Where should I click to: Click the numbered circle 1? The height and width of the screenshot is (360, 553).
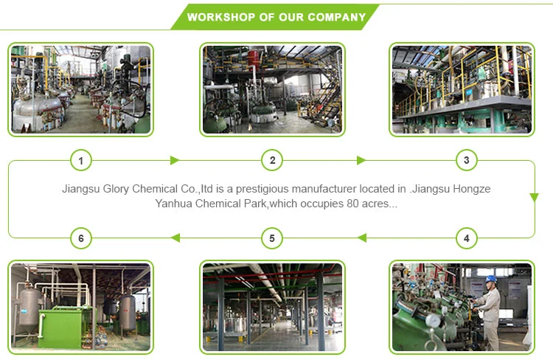pos(80,160)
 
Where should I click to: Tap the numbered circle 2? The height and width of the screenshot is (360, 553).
pos(272,160)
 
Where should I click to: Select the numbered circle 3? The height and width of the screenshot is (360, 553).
pos(465,160)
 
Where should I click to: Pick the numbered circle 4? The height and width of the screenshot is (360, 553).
pos(465,238)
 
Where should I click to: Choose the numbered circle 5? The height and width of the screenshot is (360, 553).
pos(272,238)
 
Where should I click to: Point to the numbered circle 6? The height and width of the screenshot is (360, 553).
pos(80,238)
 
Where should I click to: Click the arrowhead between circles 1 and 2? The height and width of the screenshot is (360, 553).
pos(175,160)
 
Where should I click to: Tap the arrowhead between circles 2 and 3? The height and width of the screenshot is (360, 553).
pos(361,160)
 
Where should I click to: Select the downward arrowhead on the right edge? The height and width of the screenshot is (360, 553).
pos(534,198)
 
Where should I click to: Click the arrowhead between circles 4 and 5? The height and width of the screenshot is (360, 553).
pos(362,238)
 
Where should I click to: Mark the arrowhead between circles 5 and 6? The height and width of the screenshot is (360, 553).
pos(175,238)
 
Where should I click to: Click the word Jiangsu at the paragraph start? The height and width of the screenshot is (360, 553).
pos(81,189)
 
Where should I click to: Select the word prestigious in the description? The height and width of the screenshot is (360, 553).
pos(276,189)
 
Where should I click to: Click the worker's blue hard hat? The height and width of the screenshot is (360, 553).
pos(491,279)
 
